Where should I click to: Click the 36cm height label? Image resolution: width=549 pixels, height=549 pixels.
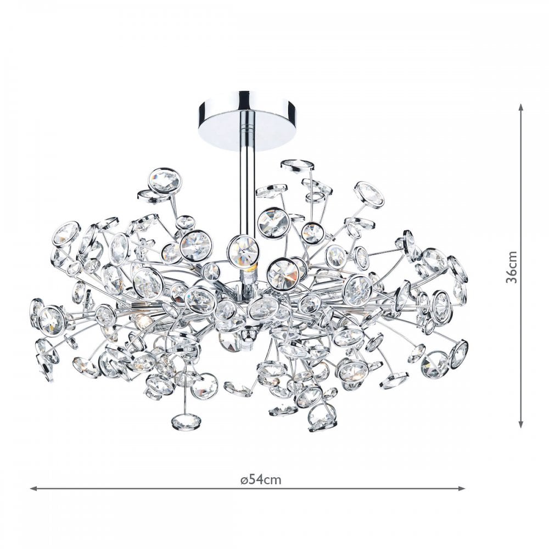(512, 266)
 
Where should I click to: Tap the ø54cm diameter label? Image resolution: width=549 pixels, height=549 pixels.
(261, 479)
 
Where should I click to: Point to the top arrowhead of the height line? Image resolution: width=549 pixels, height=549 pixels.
(521, 108)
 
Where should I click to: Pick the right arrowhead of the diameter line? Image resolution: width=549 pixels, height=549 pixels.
(460, 488)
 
